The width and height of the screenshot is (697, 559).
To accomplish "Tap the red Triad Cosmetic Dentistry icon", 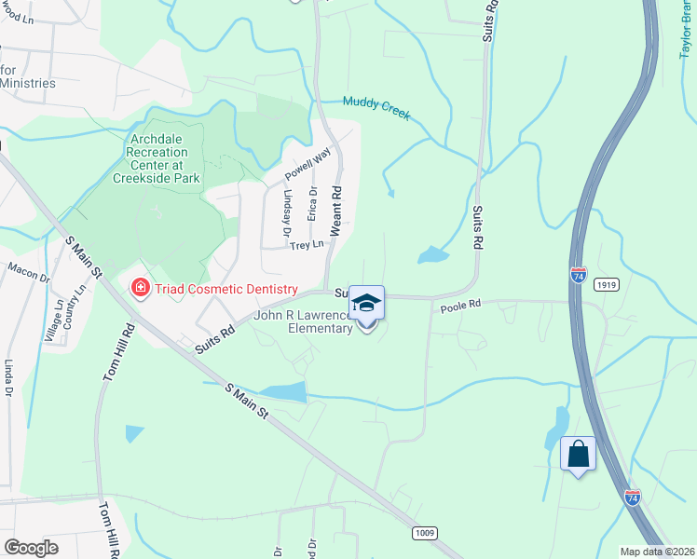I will click(141, 289).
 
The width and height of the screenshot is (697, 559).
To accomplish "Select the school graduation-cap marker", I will click(367, 303).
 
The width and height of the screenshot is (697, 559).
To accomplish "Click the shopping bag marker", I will click(578, 455).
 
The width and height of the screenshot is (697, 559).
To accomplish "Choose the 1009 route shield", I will click(425, 532).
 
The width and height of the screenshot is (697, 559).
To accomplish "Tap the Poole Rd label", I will click(459, 305).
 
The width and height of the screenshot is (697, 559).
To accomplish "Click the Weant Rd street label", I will click(336, 209).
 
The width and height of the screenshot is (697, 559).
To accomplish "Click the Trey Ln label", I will click(306, 245).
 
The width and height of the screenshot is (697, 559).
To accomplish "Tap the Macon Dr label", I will click(28, 271).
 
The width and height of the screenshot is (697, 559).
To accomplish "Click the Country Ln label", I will click(74, 306).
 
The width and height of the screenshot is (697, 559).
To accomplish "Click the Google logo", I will click(31, 547).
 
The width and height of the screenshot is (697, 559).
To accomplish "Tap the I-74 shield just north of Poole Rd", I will click(578, 275).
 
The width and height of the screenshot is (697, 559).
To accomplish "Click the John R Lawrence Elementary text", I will click(305, 321).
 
